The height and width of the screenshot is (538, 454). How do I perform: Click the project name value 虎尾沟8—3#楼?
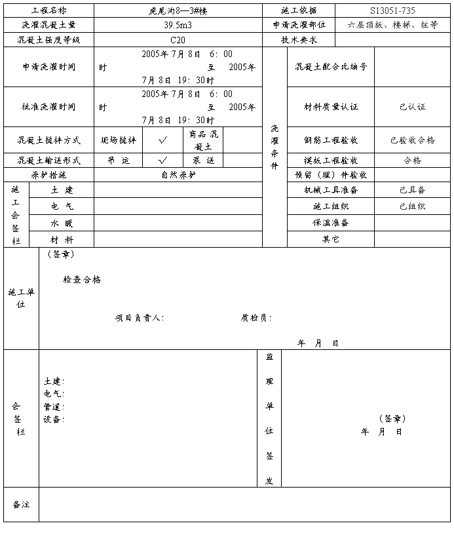click(x=178, y=10)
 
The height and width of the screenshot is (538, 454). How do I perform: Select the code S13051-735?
click(x=392, y=10)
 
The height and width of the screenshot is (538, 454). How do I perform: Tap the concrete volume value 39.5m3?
click(x=178, y=25)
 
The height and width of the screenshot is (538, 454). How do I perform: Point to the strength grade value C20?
click(x=178, y=40)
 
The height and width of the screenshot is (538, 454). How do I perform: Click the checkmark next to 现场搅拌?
click(x=163, y=140)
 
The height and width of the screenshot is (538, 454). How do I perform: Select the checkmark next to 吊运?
click(x=163, y=160)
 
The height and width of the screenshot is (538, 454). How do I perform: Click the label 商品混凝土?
click(x=204, y=140)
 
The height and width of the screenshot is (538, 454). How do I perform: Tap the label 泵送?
click(x=204, y=160)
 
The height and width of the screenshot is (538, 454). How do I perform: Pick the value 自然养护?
click(x=178, y=175)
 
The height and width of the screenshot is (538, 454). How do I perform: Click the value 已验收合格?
click(x=412, y=140)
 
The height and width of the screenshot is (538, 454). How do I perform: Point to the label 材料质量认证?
click(x=331, y=107)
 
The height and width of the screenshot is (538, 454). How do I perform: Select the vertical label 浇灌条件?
click(x=274, y=147)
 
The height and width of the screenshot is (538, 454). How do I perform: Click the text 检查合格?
click(x=82, y=280)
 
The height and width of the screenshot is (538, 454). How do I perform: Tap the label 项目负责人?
click(x=139, y=318)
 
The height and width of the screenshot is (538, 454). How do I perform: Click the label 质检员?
click(x=255, y=318)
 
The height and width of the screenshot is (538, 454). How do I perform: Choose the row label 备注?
click(x=21, y=505)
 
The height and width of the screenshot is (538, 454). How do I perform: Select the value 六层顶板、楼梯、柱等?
click(x=393, y=25)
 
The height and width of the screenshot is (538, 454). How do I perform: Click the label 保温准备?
click(x=331, y=223)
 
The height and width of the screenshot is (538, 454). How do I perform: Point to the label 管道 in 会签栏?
click(x=53, y=407)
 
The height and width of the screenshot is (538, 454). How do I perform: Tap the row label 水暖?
click(x=62, y=223)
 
